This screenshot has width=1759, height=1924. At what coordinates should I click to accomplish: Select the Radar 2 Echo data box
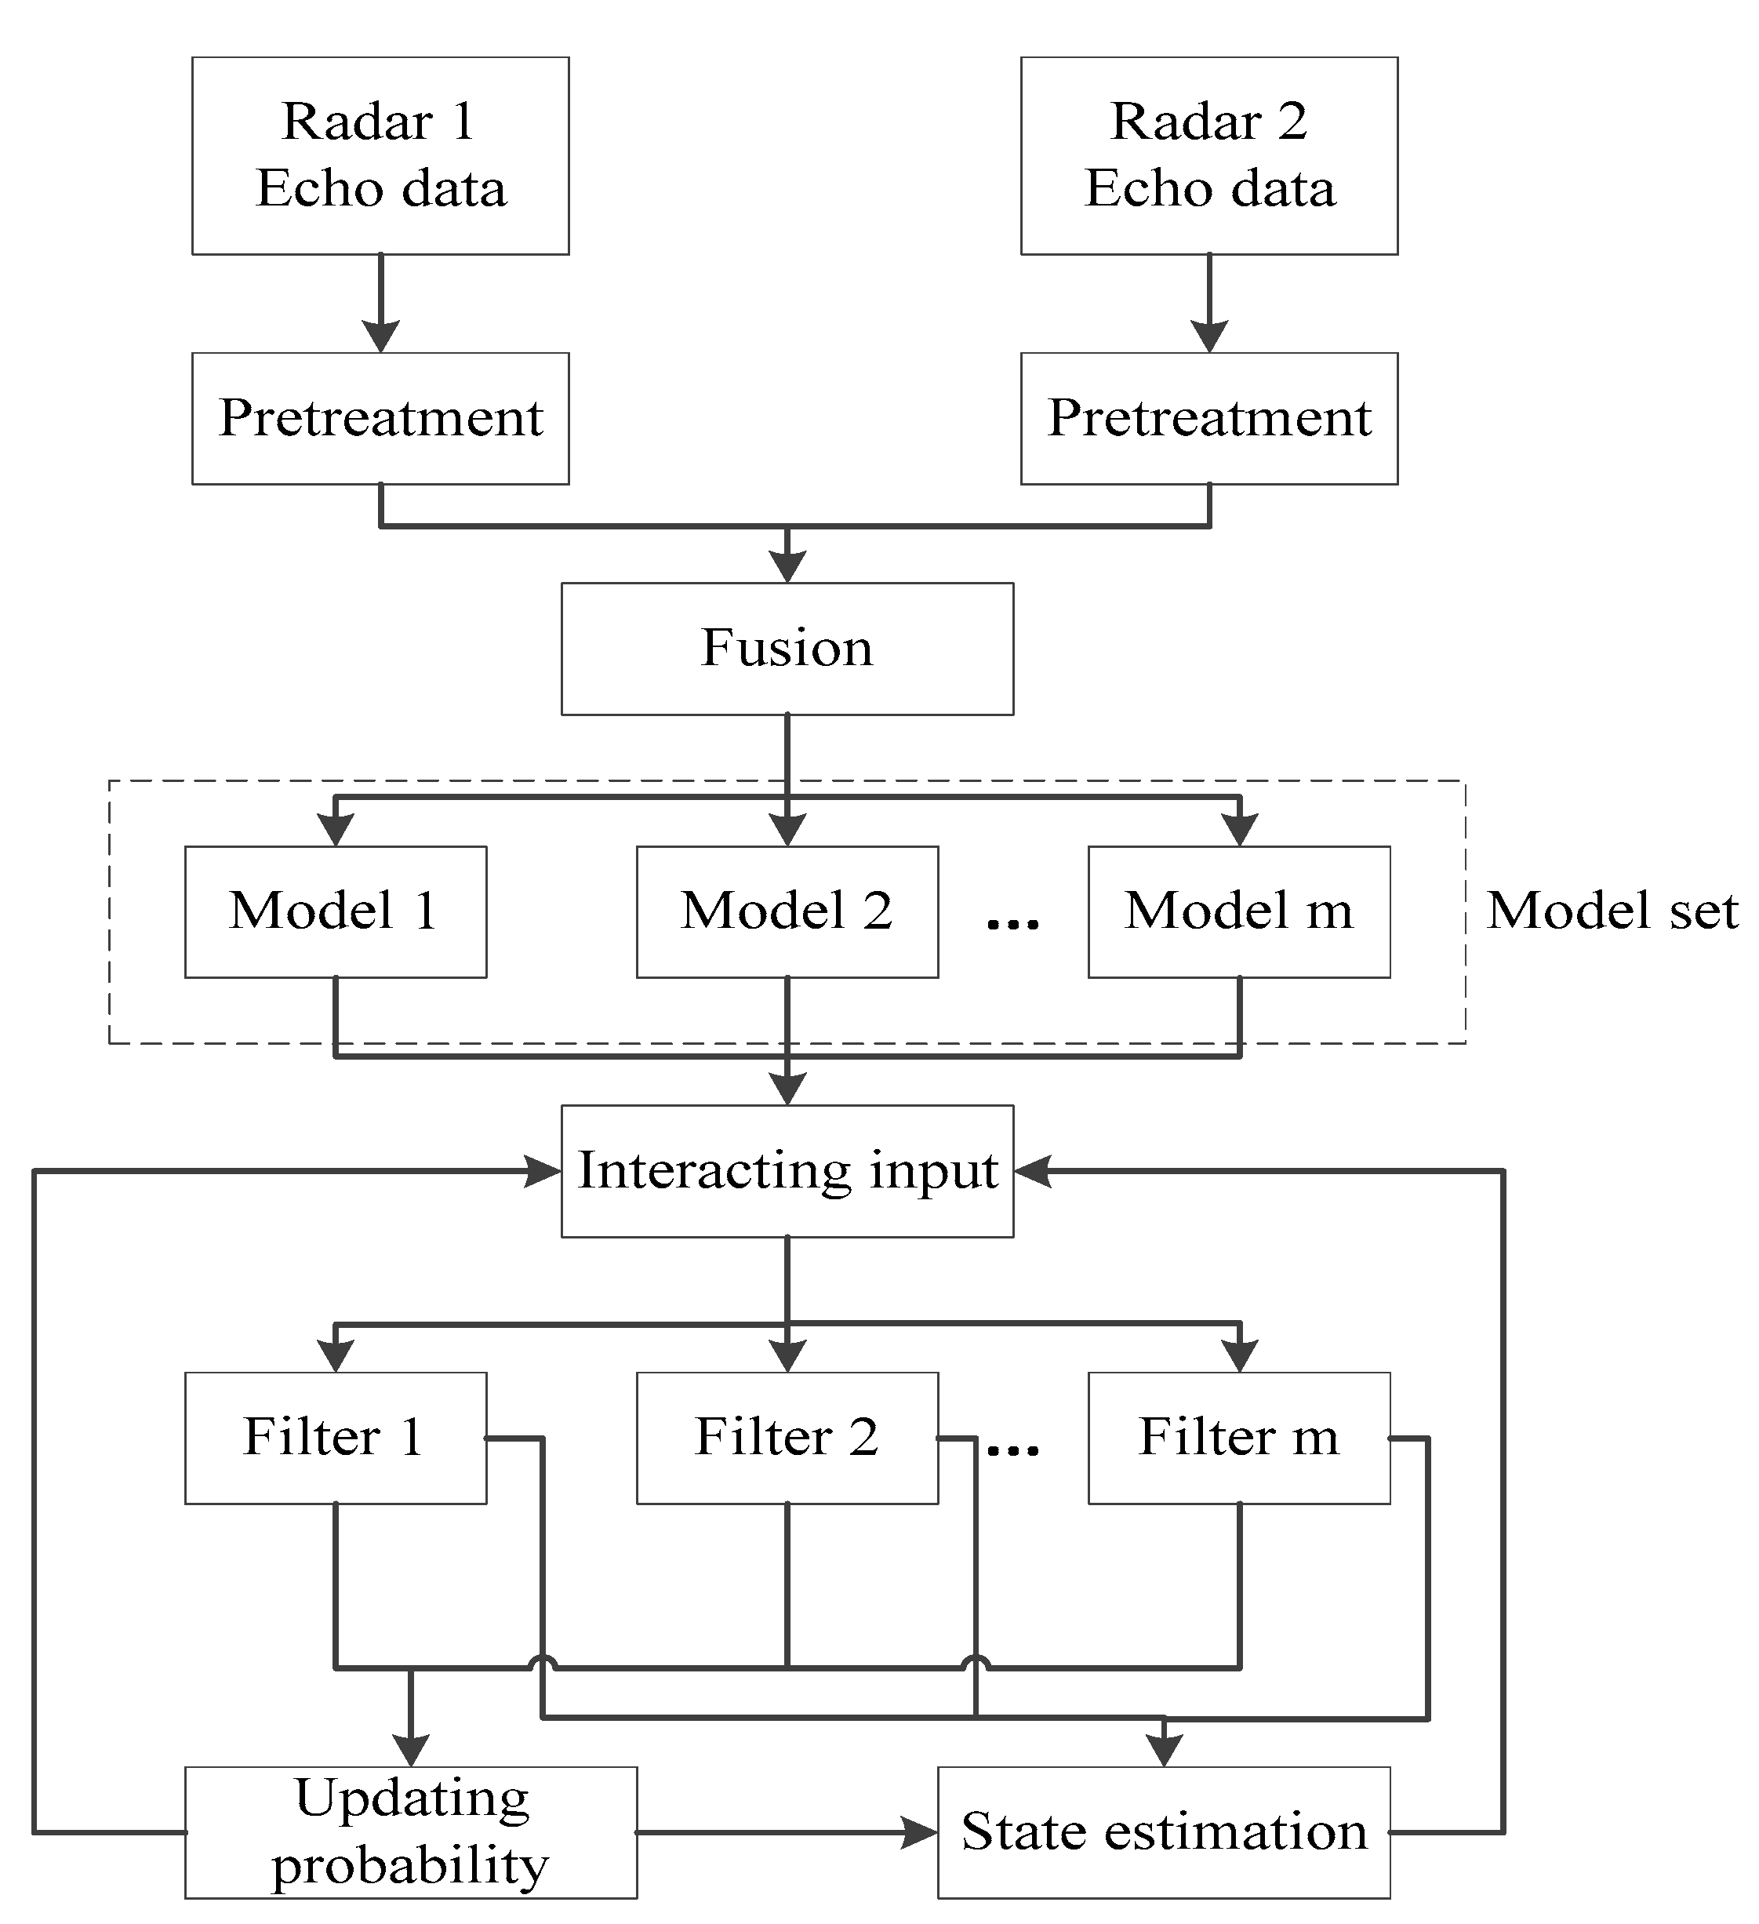click(1208, 155)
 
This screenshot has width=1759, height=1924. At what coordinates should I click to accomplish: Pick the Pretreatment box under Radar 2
click(1208, 418)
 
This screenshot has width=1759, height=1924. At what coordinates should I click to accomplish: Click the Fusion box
click(787, 648)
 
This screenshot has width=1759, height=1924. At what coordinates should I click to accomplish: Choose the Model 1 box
click(335, 911)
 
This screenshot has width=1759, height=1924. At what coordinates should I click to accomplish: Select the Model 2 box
click(787, 911)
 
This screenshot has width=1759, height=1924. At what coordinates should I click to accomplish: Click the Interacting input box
click(787, 1171)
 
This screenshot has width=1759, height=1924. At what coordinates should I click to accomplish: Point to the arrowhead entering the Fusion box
click(787, 567)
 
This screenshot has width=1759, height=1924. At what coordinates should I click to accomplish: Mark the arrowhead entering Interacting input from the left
click(544, 1171)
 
